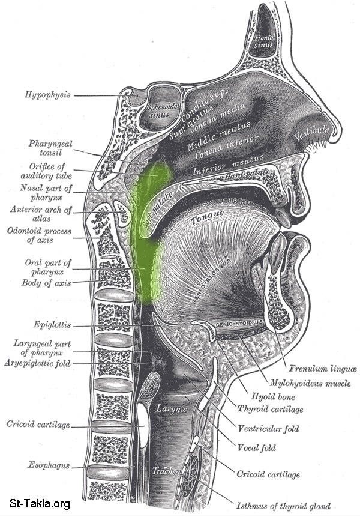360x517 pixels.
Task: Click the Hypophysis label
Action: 48,94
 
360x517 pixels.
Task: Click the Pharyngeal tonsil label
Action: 51,148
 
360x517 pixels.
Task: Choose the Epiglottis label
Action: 53,325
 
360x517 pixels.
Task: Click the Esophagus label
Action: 47,465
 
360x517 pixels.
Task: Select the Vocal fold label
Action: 257,447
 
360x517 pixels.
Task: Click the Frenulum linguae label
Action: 314,369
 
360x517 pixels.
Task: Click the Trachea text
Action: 164,471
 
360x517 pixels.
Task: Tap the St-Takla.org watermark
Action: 40,503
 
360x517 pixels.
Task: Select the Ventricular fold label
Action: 268,429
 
